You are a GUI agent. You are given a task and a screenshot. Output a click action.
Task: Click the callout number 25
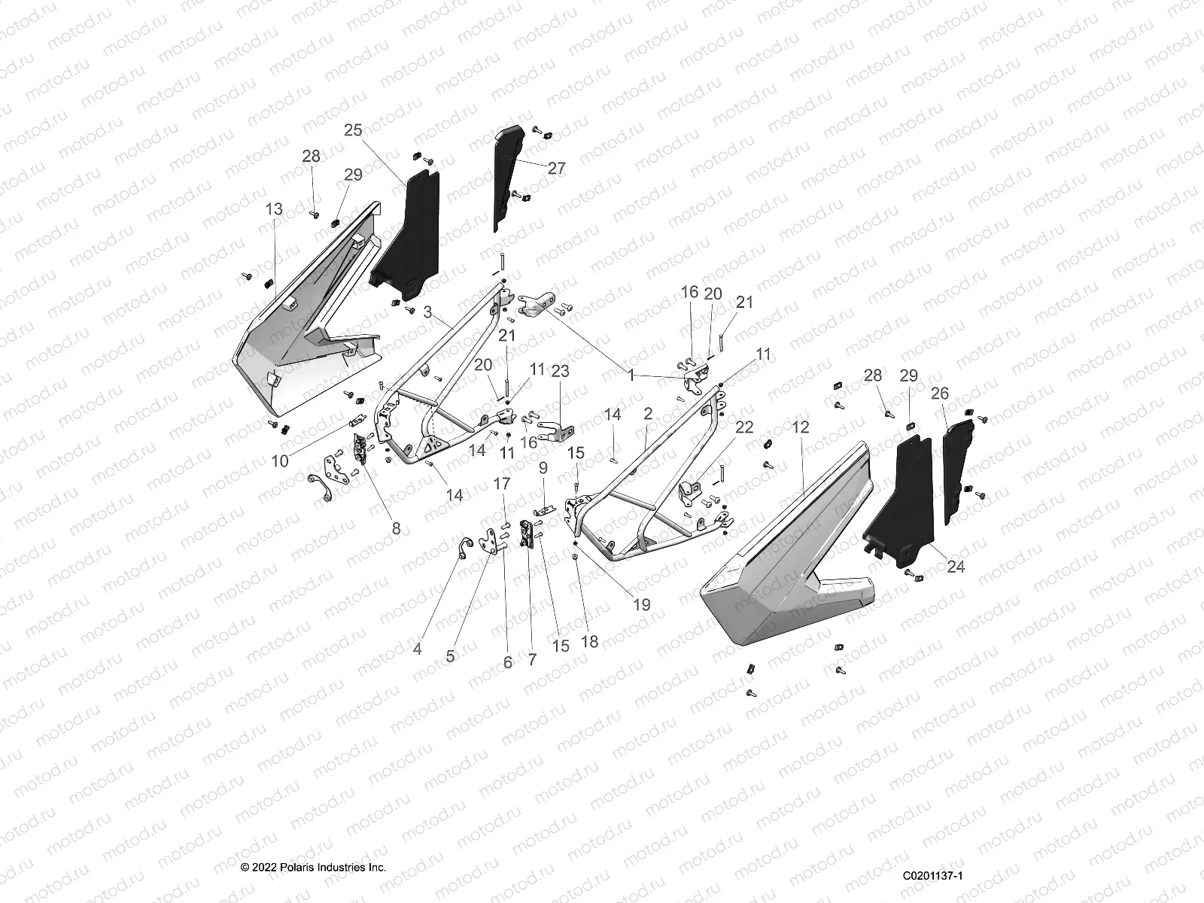click(353, 129)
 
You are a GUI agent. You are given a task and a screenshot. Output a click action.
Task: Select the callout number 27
click(556, 168)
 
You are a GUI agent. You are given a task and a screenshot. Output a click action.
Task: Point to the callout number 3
click(427, 312)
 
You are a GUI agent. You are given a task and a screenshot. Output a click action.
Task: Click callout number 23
click(560, 371)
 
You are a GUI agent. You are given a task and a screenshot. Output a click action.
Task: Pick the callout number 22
click(743, 427)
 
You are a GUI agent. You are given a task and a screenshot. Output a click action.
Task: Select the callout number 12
click(801, 427)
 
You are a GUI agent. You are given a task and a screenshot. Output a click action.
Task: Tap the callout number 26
click(940, 393)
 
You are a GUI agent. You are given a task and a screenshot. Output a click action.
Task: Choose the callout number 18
click(589, 641)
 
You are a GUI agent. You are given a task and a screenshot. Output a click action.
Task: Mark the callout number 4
click(417, 648)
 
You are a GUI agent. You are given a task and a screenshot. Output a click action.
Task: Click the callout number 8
click(397, 528)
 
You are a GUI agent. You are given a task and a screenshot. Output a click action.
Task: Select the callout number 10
click(280, 461)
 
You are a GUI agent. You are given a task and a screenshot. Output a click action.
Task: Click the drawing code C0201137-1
click(935, 875)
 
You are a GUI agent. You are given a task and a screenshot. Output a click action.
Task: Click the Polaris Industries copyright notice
click(313, 867)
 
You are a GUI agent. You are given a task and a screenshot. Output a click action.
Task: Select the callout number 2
click(647, 413)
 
